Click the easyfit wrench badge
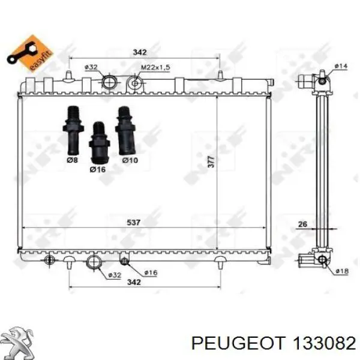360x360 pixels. click(29, 54)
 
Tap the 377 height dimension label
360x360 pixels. click(211, 161)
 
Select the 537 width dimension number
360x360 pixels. click(133, 222)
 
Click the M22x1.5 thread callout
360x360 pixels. click(155, 67)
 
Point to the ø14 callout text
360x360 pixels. click(341, 66)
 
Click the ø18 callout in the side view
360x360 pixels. click(342, 271)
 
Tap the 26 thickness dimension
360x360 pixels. click(302, 224)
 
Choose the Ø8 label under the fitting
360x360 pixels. click(73, 160)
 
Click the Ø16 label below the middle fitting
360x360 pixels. click(98, 169)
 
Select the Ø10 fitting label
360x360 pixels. click(130, 160)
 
